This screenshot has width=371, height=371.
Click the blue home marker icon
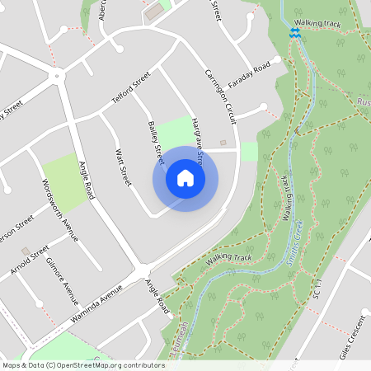(x=185, y=177)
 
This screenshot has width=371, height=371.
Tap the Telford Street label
(x=131, y=90)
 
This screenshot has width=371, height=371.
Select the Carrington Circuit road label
(x=220, y=96)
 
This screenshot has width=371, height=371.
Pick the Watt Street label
(x=123, y=166)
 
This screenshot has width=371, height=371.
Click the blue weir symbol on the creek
(x=294, y=32)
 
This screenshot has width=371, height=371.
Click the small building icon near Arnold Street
(x=26, y=250)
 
